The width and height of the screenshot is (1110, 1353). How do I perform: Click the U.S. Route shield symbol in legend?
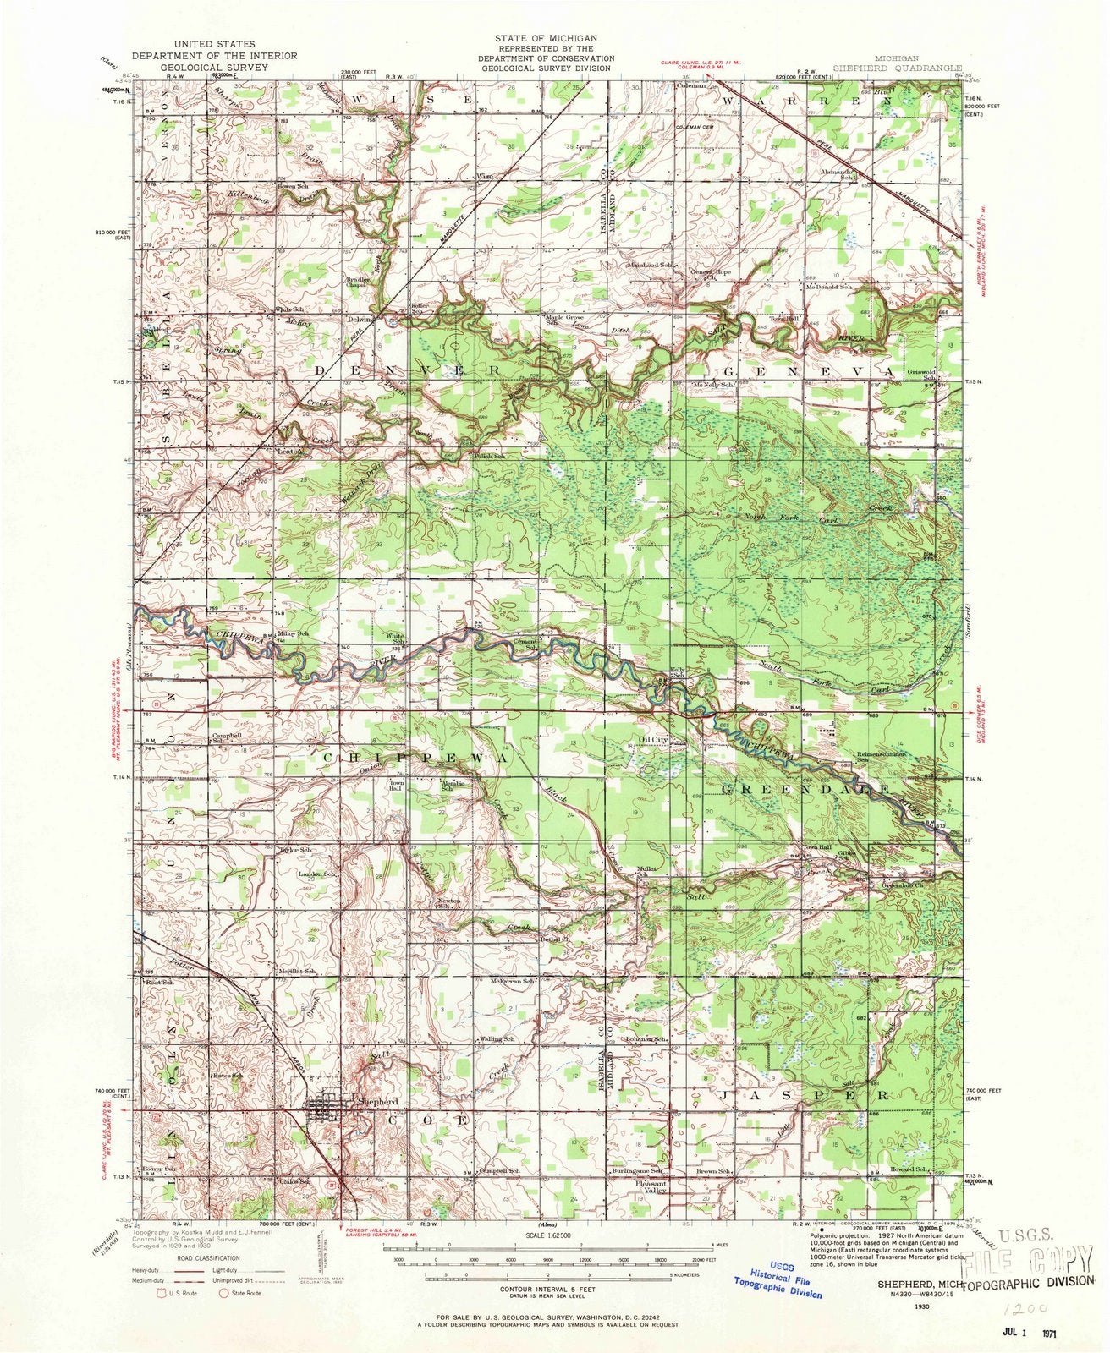[162, 1292]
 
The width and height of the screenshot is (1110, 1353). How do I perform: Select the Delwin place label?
[360, 320]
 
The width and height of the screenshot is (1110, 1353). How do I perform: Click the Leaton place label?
[288, 452]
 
